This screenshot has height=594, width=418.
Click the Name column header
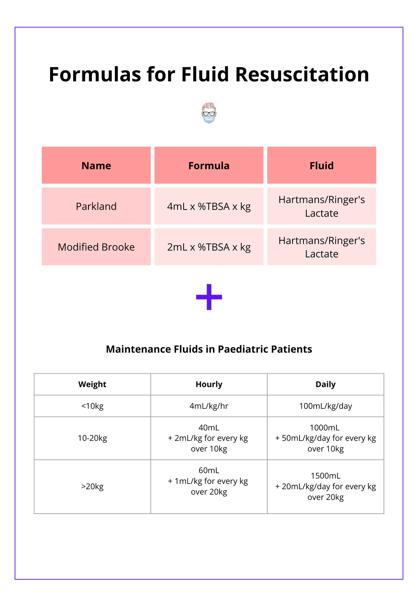tap(96, 166)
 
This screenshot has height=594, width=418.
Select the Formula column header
tap(209, 166)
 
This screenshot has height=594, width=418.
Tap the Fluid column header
tap(322, 166)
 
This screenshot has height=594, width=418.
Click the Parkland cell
tap(96, 206)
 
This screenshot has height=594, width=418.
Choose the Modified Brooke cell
tap(96, 247)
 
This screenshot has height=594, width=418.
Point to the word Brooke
tap(118, 247)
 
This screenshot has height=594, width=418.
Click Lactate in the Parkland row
tap(322, 213)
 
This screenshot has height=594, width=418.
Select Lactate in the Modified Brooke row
tap(322, 254)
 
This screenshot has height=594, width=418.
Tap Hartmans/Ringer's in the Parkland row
tap(322, 200)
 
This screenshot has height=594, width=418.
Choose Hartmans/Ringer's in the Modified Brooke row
tap(322, 241)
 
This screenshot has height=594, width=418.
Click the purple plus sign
tap(209, 297)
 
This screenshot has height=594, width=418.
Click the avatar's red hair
tap(209, 105)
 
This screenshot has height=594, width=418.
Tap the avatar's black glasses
tap(209, 113)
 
